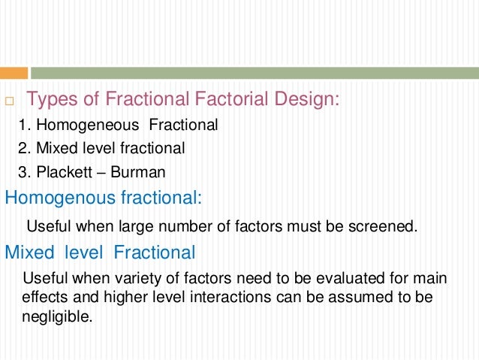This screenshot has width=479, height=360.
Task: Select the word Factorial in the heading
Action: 226,99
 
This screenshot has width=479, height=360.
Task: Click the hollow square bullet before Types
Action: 10,101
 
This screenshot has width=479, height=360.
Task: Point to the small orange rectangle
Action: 14,73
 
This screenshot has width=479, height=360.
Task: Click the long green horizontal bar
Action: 255,73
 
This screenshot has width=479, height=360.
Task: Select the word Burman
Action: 138,172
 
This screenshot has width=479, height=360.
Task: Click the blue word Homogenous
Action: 52,198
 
